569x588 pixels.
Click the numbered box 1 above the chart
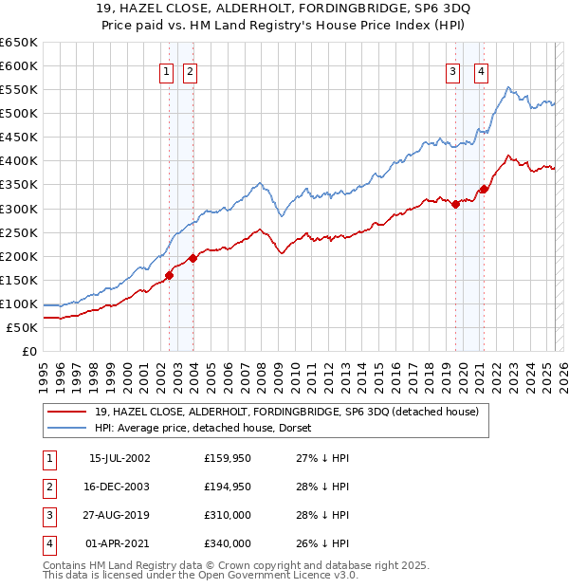tap(166, 71)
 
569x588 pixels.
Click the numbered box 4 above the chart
tap(482, 71)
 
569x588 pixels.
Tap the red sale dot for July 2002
tap(170, 275)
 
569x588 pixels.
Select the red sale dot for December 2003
tap(193, 258)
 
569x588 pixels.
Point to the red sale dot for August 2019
tap(456, 203)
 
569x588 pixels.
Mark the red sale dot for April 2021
tap(484, 189)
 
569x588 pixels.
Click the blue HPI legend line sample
tap(67, 428)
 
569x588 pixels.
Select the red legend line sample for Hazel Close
tap(67, 412)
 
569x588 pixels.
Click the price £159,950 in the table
tap(228, 458)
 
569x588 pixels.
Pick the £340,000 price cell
tap(228, 544)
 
